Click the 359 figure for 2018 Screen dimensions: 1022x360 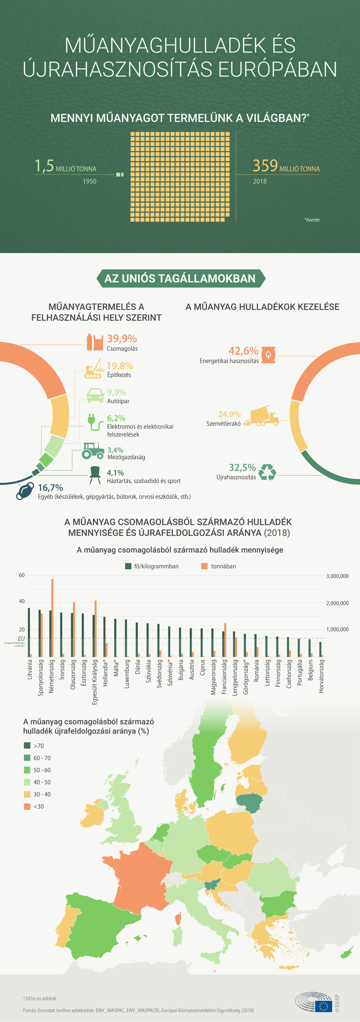coord(265,165)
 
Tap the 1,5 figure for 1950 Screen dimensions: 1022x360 coord(44,165)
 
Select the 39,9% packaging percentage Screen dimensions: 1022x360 coord(122,338)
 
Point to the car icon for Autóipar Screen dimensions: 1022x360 coord(95,395)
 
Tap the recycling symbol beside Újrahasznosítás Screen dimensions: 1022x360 coord(267,472)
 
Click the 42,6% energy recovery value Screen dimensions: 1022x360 coord(243,351)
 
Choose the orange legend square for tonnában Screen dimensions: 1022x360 coord(204,566)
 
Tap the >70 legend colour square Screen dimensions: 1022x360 coord(27,746)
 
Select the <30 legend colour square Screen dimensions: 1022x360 coord(27,806)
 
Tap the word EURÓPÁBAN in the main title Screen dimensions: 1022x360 coord(277,69)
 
